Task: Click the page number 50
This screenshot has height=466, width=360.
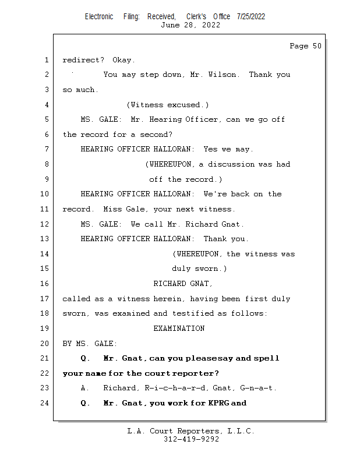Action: point(317,46)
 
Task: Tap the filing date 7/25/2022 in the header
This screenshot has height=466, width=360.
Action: point(251,16)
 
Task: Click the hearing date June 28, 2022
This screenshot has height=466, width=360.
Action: point(190,25)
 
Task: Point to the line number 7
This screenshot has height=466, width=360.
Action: point(47,149)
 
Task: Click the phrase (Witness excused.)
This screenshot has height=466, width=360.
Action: point(168,105)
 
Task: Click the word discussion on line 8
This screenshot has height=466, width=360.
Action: point(231,164)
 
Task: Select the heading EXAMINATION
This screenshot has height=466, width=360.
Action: point(179,329)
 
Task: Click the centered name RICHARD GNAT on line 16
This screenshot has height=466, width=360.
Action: point(183,284)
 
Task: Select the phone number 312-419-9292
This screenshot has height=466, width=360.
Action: point(191,439)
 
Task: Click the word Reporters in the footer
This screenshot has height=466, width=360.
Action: point(199,431)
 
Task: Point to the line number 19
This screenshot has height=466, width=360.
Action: point(44,329)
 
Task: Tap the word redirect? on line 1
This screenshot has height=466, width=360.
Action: point(83,60)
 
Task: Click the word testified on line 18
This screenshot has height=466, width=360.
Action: point(193,313)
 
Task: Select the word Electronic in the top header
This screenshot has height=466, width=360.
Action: point(99,16)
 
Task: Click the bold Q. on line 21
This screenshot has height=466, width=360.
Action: point(85,358)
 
